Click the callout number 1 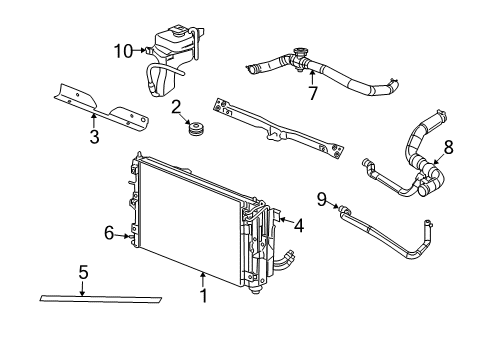(x=203, y=295)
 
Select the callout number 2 (x=175, y=107)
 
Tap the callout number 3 (x=94, y=137)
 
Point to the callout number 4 (x=298, y=225)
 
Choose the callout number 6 (x=108, y=234)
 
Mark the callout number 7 (x=312, y=94)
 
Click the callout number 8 (x=448, y=146)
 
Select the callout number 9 (x=322, y=198)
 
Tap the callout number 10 (x=123, y=49)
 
